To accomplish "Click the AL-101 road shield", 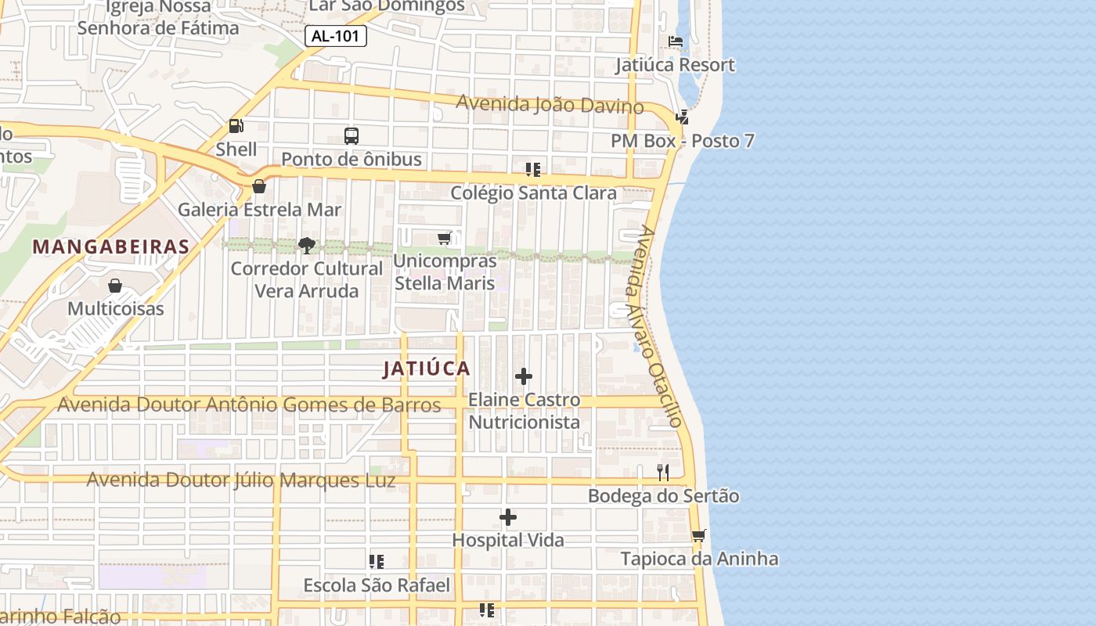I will point(335,36).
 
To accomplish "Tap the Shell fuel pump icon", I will point(236,125).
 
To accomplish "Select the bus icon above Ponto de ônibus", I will point(352,136).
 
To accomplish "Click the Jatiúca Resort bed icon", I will point(675,41).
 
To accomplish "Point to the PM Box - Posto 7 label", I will point(683,142).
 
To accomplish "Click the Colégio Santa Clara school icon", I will point(533,169).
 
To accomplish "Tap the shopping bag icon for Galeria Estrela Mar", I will point(259,186).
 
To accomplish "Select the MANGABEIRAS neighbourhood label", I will point(111,247).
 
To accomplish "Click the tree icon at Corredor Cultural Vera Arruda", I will point(306,246).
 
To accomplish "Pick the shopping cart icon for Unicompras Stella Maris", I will point(445,238).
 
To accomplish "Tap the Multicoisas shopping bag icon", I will point(115,286).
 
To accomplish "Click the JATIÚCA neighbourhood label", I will point(427,369).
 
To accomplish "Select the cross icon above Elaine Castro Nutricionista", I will point(524,377).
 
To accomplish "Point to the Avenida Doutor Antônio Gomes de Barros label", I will point(249,405).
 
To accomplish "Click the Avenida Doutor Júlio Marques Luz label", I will point(240,480).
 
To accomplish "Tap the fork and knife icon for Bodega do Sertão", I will point(663,472).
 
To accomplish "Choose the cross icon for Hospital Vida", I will point(508,517).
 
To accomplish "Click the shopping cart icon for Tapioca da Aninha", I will point(698,536).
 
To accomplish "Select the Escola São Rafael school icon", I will point(377,562).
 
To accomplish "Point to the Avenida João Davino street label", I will point(550,104).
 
